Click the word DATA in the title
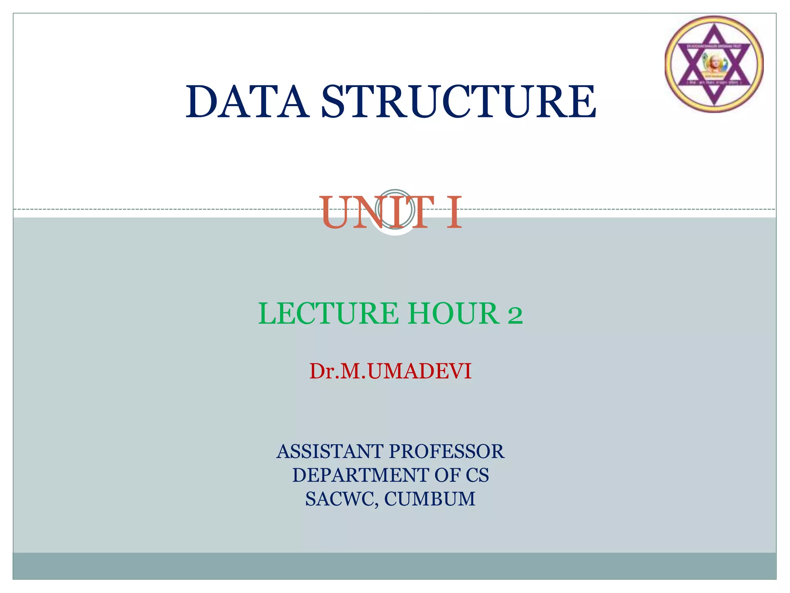coord(247,102)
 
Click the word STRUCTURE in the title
coord(459,102)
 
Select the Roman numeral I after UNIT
coord(454,213)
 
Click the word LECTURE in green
coord(328,313)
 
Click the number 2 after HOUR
coord(515,315)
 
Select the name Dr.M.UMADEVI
coord(390,371)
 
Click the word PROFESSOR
coord(446,451)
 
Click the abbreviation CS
coord(477,475)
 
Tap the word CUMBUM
coord(430,499)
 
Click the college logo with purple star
coord(714,64)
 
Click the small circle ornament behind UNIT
coord(395,209)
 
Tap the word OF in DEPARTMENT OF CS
coord(447,475)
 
